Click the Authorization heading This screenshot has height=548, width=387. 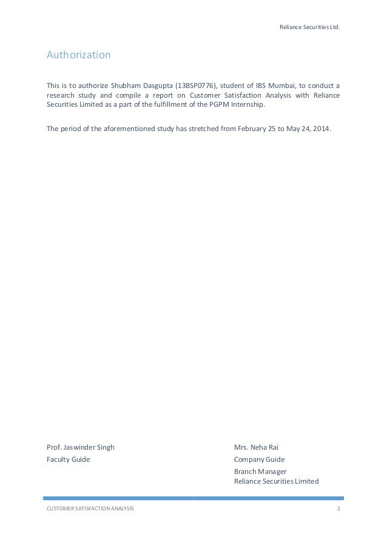pos(79,55)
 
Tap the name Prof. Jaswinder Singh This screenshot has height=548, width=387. pos(81,447)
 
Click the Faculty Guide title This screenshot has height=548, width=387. pos(68,459)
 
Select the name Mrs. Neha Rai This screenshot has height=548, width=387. pos(256,447)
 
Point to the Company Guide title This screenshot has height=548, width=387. pos(259,459)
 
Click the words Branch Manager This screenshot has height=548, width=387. pos(260,471)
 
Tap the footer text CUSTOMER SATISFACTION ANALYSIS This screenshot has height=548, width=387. pos(90,507)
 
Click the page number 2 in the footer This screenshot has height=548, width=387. pos(338,507)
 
